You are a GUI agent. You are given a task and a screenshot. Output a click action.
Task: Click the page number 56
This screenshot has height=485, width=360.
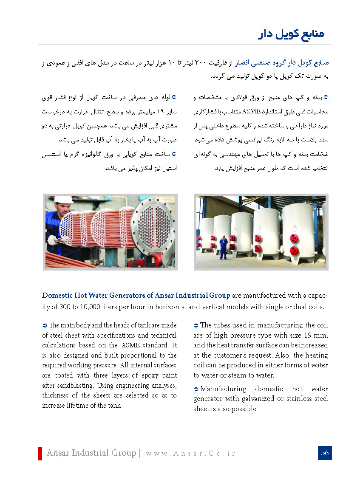tap(325, 453)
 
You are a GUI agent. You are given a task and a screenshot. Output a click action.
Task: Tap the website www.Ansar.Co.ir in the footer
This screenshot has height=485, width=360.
tap(190, 453)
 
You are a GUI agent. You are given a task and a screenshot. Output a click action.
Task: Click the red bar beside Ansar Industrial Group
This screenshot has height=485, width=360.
tap(40, 453)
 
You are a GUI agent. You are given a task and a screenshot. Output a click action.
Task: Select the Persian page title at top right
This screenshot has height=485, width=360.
tap(291, 34)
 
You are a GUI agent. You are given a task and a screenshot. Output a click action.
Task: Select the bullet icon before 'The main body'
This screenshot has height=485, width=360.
tap(45, 325)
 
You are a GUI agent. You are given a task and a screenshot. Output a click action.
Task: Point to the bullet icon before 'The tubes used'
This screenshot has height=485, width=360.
tap(196, 325)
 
